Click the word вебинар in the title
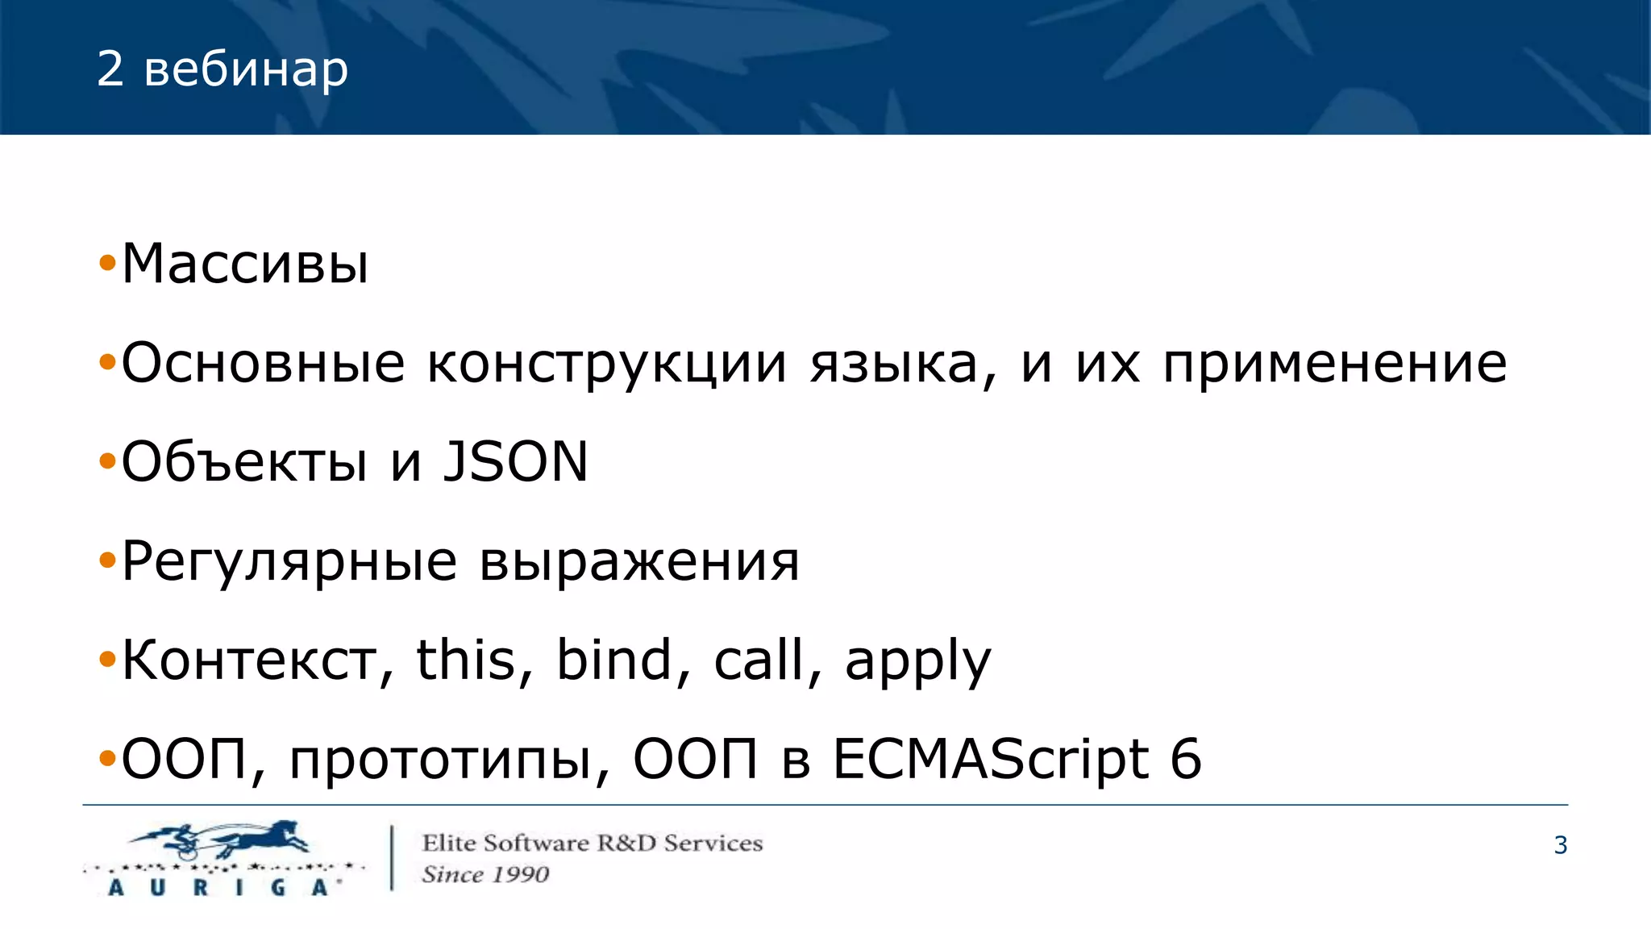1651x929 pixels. click(x=246, y=70)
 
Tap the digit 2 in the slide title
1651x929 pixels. click(x=110, y=69)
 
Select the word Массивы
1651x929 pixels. click(x=245, y=265)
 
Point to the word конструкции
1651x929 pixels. click(x=606, y=365)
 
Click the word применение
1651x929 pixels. click(x=1334, y=365)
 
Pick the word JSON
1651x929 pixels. click(x=516, y=462)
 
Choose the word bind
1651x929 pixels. click(x=614, y=660)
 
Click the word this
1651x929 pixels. click(x=465, y=660)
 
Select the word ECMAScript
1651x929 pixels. click(x=991, y=760)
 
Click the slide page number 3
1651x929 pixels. click(x=1560, y=845)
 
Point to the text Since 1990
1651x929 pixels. click(x=485, y=875)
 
